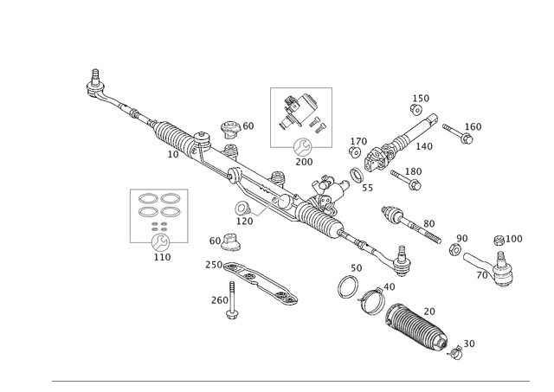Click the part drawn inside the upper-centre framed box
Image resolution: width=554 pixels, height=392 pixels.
[x=301, y=112]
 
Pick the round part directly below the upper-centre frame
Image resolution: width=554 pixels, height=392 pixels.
[x=302, y=145]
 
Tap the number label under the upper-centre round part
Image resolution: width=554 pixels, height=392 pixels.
[x=303, y=161]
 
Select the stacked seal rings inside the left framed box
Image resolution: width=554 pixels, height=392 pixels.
[x=160, y=208]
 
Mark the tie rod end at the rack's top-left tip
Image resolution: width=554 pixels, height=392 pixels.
[x=92, y=83]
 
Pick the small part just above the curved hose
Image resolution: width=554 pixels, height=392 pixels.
[x=227, y=240]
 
